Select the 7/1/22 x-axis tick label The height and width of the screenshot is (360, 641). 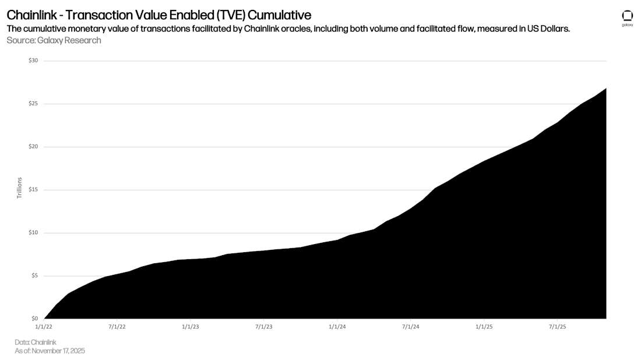pos(117,327)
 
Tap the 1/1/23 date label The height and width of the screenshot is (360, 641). pos(190,327)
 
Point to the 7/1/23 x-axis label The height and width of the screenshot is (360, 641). pos(263,327)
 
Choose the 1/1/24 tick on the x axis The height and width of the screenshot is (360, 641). pos(337,327)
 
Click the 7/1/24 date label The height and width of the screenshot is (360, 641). pos(410,327)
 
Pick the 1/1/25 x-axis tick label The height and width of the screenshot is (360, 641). pos(484,327)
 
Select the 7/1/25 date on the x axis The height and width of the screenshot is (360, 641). pos(558,327)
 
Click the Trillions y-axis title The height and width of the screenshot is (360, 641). pos(19,188)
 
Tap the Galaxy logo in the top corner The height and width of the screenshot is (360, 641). pos(628,17)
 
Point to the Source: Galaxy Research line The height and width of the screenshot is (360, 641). pos(54,40)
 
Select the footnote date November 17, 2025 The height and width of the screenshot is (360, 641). pos(58,351)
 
